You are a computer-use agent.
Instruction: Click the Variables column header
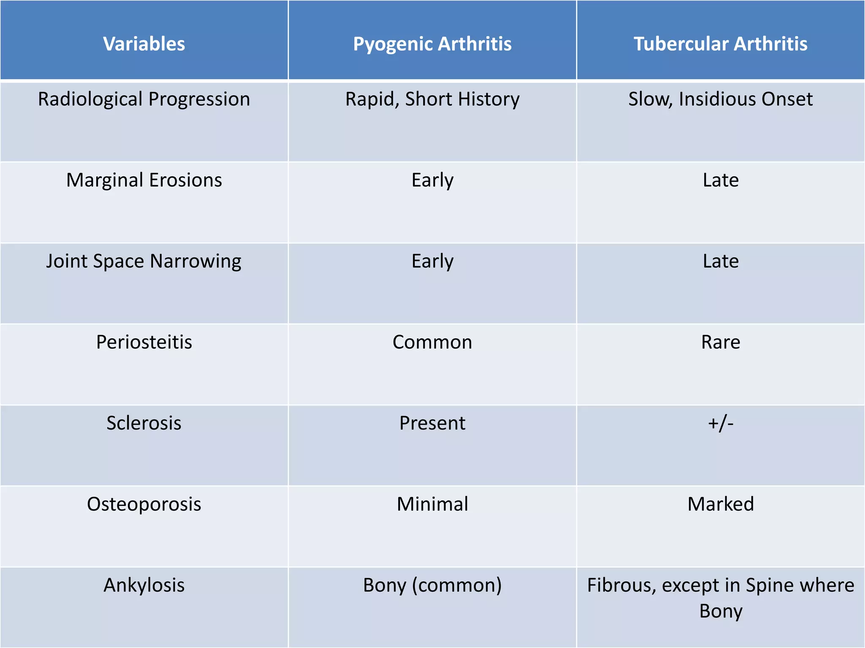tap(144, 44)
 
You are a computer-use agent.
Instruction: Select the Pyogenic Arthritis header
tap(432, 44)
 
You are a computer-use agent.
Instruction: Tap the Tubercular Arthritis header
tap(721, 44)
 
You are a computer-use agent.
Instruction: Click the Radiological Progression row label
tap(144, 100)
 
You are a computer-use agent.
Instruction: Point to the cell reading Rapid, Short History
tap(432, 100)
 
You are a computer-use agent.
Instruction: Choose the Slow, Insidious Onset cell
tap(721, 100)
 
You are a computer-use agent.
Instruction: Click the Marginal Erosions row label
tap(144, 180)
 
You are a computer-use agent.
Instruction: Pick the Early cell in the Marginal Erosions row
tap(432, 180)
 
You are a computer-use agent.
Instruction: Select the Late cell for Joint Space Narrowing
tap(721, 261)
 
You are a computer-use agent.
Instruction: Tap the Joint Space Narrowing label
tap(144, 261)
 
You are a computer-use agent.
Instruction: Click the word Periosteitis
tap(144, 342)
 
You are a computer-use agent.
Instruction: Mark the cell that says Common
tap(432, 342)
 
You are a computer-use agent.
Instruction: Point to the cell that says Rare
tap(721, 342)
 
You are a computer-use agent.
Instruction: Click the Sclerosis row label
tap(144, 423)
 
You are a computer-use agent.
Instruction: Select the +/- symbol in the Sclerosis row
tap(721, 423)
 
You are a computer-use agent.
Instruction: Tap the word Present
tap(432, 423)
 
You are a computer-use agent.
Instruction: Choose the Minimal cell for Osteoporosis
tap(432, 504)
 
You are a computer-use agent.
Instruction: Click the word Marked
tap(721, 504)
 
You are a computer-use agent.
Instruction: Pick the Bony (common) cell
tap(432, 585)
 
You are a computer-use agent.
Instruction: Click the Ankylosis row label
tap(144, 585)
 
